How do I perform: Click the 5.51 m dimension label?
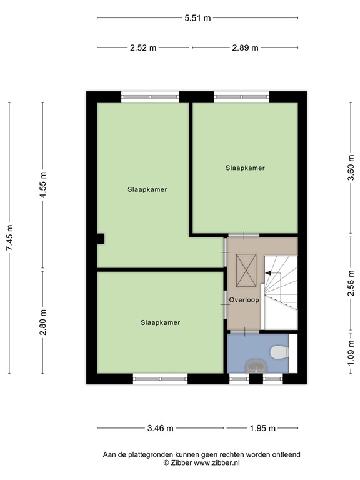point(197,18)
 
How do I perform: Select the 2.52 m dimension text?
point(144,48)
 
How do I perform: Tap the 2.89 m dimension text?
point(245,48)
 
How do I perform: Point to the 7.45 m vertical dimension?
point(9,238)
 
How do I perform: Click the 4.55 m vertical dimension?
point(42,186)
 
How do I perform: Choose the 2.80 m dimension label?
point(42,323)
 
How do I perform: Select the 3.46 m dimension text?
point(161,428)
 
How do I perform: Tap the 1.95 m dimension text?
point(262,428)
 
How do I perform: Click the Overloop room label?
point(244,300)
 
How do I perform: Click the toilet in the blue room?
point(277,353)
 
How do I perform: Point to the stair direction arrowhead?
point(268,273)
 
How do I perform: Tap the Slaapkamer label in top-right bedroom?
point(245,167)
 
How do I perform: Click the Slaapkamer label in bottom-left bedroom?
point(161,322)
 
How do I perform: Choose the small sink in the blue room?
point(256,366)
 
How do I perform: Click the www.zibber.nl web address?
point(216,463)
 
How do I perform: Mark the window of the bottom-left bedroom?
point(161,378)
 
